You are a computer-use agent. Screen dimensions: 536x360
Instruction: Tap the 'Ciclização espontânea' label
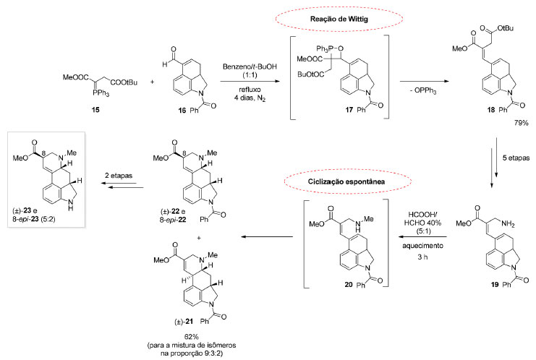[x=346, y=181]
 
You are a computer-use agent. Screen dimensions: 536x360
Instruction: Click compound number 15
[x=95, y=110]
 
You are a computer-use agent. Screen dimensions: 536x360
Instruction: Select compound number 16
[x=182, y=110]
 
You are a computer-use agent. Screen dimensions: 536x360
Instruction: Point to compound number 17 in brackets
[x=349, y=110]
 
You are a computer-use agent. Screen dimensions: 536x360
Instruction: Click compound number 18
[x=491, y=110]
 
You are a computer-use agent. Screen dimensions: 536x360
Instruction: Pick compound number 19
[x=495, y=284]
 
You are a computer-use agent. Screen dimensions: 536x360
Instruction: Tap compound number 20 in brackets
[x=349, y=284]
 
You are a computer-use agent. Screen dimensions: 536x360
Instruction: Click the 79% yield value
[x=521, y=123]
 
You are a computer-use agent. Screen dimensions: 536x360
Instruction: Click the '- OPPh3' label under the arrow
[x=424, y=91]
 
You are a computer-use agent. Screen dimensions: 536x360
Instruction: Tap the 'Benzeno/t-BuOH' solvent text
[x=250, y=67]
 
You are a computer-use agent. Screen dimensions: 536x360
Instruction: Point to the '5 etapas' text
[x=516, y=158]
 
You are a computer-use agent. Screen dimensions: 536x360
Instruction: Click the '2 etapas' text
[x=119, y=176]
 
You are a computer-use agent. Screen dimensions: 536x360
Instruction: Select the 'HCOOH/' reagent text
[x=423, y=215]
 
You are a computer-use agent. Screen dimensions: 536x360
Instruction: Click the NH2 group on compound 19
[x=507, y=224]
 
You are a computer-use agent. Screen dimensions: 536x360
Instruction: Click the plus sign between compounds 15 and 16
[x=152, y=82]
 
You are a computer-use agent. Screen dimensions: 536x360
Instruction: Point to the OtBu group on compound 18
[x=506, y=28]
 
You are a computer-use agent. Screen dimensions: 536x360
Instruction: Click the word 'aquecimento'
[x=422, y=246]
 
